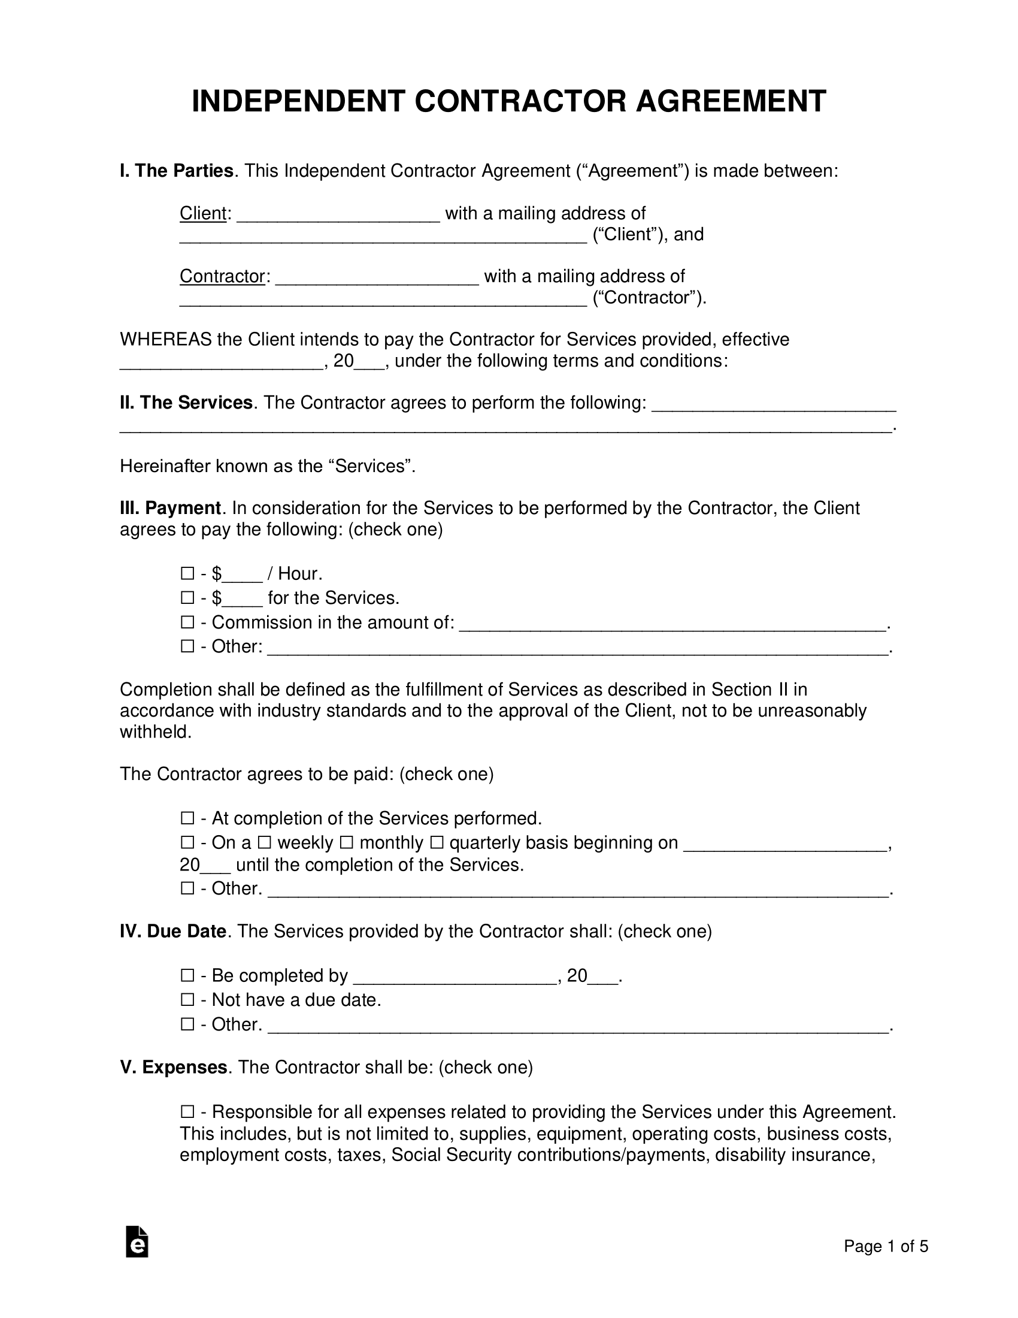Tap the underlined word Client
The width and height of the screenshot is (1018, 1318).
click(x=202, y=213)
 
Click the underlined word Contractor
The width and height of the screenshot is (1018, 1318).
click(x=223, y=276)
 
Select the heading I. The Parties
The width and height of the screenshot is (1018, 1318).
click(x=177, y=171)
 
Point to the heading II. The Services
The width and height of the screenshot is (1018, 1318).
click(x=186, y=403)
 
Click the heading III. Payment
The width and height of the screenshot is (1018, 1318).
click(x=171, y=508)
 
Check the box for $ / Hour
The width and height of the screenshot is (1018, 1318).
click(x=187, y=573)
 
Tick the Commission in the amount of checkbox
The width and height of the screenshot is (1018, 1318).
click(x=187, y=622)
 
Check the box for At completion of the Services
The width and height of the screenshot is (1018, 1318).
click(x=187, y=818)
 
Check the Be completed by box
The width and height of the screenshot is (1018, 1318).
click(x=187, y=976)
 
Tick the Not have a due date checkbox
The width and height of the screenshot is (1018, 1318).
click(x=187, y=1000)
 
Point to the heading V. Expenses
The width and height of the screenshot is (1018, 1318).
click(x=174, y=1068)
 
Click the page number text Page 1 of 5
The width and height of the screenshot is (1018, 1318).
click(x=885, y=1247)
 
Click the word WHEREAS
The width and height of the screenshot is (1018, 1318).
click(x=166, y=340)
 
